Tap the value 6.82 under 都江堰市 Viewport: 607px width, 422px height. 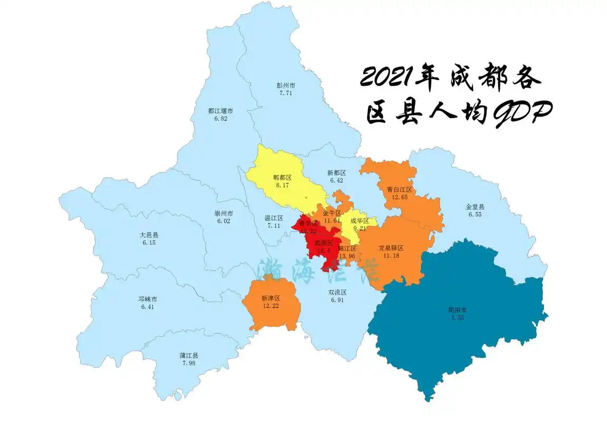click(221, 119)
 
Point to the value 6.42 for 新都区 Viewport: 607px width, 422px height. click(337, 180)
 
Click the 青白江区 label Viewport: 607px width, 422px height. click(399, 189)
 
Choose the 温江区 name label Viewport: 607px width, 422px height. click(273, 218)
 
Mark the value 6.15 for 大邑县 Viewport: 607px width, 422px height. click(149, 243)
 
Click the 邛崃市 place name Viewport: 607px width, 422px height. click(149, 299)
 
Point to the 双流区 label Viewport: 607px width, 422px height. click(337, 292)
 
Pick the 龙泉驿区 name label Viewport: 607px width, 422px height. click(391, 248)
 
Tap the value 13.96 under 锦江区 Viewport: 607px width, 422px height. click(347, 256)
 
